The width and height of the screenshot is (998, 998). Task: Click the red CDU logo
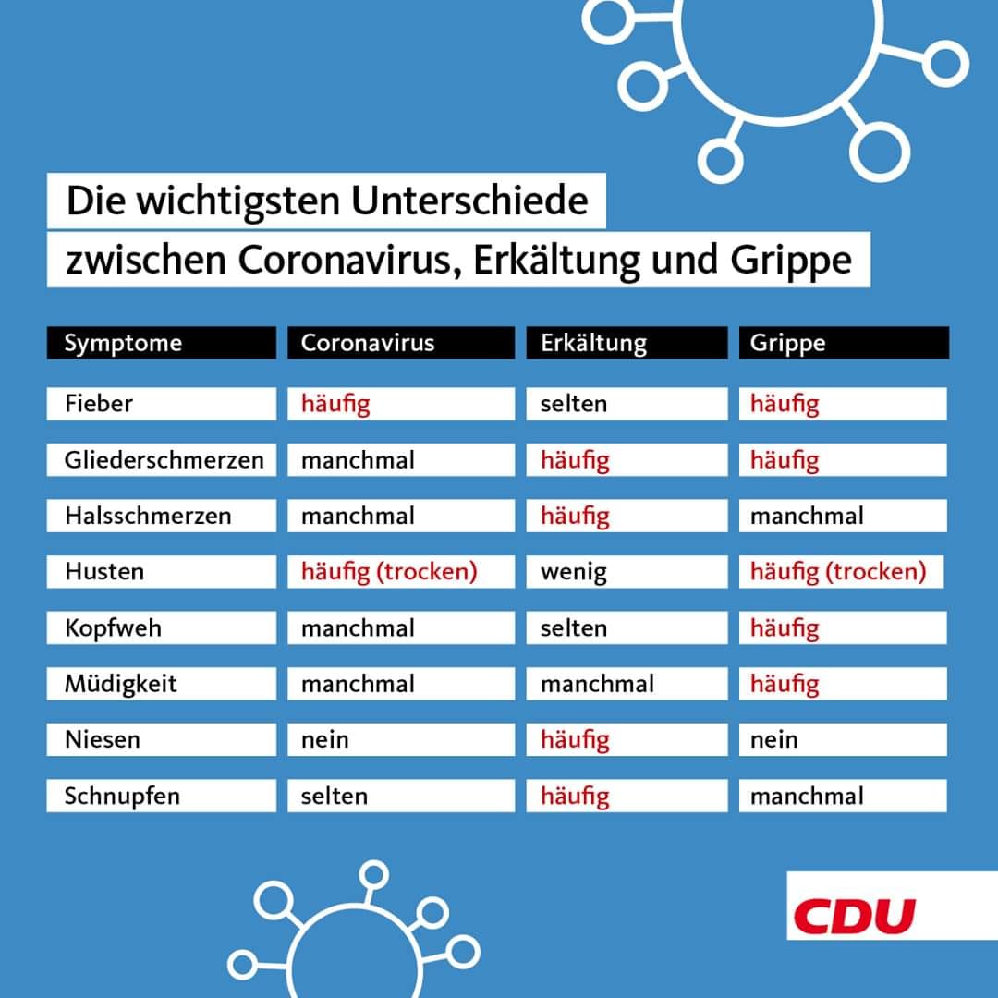[x=854, y=916]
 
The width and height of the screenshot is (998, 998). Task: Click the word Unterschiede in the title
[x=469, y=201]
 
